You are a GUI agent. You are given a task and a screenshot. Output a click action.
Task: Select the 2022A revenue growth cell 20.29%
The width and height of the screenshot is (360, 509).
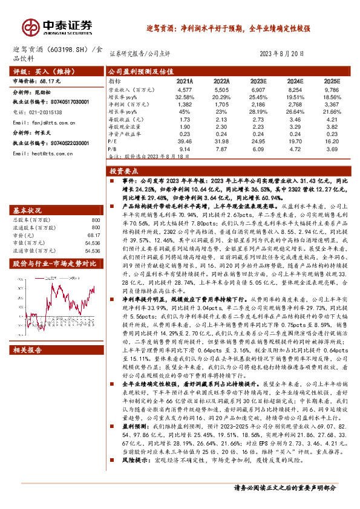pyautogui.click(x=221, y=97)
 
